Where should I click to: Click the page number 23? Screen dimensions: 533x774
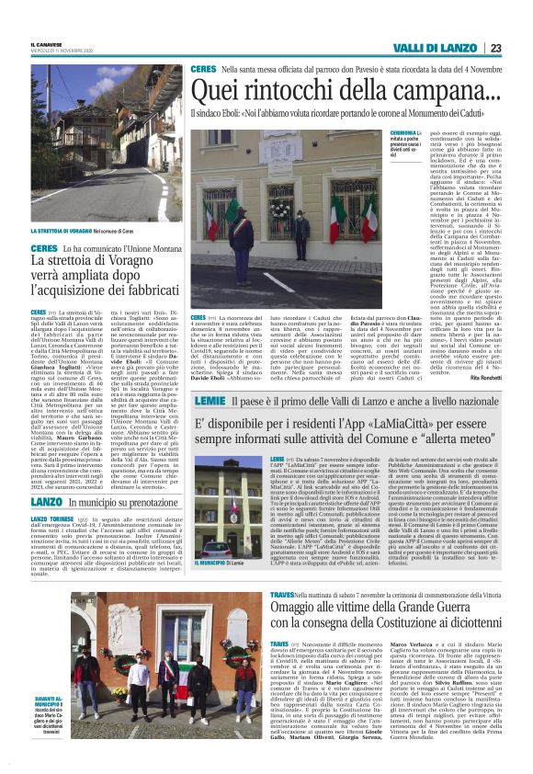click(x=495, y=48)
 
